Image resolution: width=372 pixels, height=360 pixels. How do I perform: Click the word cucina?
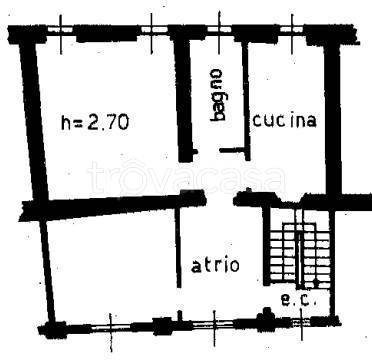pos(285,120)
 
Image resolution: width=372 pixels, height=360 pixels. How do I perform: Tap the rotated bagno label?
pos(217,95)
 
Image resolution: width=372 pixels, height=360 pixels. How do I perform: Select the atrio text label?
pos(216,266)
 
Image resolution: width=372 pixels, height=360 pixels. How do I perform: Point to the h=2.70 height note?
pos(95,122)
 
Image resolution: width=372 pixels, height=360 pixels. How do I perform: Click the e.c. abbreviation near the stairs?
pos(299,300)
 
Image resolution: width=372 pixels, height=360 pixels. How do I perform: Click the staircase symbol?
pos(300,252)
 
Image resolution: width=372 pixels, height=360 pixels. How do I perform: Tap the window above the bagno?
pos(219,29)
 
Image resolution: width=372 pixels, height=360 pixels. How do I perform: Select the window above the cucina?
pos(292,29)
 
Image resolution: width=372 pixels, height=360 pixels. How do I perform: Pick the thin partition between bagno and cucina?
pos(246,101)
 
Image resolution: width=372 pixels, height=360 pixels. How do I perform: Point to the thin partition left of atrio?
pos(178,247)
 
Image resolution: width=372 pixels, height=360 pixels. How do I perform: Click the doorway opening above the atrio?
pos(219,198)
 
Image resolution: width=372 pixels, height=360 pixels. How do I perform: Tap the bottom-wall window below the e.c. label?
pos(301,321)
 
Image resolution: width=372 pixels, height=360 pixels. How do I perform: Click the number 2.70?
pos(109,122)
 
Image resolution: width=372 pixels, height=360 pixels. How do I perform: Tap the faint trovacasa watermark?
pos(187,178)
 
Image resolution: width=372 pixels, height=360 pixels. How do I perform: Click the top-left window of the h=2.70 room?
pos(61,29)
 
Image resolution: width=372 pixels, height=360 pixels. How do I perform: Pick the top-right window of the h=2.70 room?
pos(152,29)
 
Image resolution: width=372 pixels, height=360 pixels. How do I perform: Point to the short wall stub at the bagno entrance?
pos(231,150)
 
